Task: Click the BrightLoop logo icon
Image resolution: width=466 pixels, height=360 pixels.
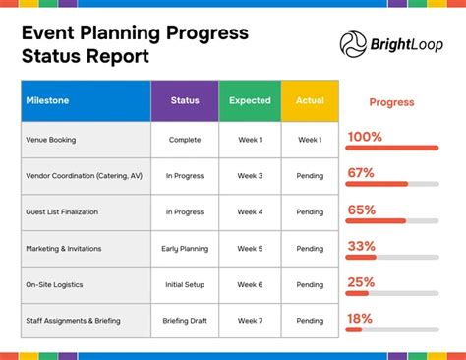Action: (354, 43)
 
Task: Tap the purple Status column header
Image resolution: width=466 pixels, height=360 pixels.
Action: (185, 101)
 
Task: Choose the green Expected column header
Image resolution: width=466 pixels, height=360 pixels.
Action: (250, 101)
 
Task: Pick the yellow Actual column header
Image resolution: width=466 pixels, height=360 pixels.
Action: (310, 101)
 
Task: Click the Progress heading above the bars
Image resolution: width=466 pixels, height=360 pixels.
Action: (391, 102)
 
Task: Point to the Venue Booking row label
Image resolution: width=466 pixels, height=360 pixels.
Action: (51, 140)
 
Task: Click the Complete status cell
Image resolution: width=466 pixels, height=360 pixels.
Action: (185, 140)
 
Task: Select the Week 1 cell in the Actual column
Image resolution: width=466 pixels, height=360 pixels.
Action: (310, 140)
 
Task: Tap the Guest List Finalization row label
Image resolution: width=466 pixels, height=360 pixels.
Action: (61, 212)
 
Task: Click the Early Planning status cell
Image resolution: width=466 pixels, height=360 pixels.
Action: (185, 249)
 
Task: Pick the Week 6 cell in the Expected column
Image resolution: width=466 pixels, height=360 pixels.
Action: (250, 285)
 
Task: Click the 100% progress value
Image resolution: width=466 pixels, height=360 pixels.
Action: (365, 137)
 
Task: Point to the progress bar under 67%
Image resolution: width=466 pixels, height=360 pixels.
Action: (391, 184)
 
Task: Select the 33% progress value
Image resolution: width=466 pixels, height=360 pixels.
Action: (362, 246)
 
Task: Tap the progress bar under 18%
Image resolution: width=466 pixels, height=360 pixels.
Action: (391, 330)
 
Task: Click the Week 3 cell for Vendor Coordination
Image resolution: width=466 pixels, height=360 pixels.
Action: (250, 176)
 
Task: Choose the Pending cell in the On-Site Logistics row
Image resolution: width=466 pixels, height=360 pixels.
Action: (310, 285)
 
